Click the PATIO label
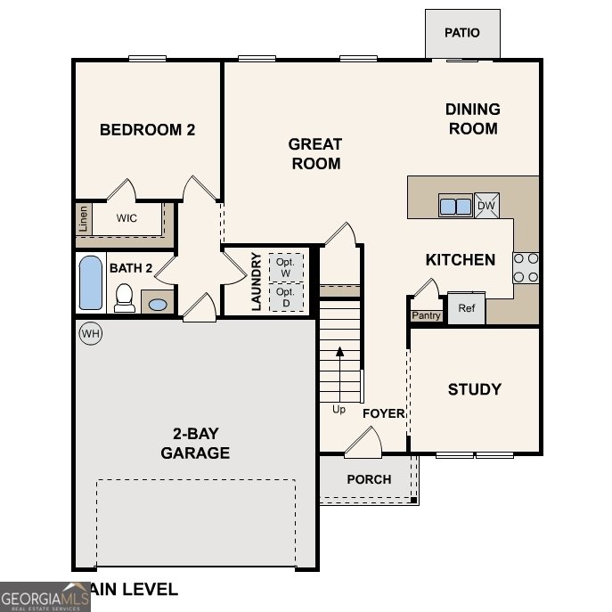[x=462, y=33]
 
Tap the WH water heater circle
[x=90, y=334]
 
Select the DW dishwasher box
[x=486, y=206]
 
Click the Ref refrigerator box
[x=466, y=308]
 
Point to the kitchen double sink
[x=455, y=206]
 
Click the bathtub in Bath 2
[x=91, y=282]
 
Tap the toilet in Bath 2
[x=125, y=298]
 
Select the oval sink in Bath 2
[x=158, y=305]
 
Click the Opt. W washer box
[x=285, y=267]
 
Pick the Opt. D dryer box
[x=285, y=297]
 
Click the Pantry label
[x=426, y=315]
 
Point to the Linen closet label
[x=84, y=218]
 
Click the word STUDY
[x=474, y=389]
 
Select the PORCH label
[x=369, y=479]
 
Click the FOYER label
[x=384, y=413]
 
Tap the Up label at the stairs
[x=339, y=410]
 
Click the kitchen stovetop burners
[x=526, y=267]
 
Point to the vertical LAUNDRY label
[x=257, y=282]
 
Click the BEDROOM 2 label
[x=147, y=130]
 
